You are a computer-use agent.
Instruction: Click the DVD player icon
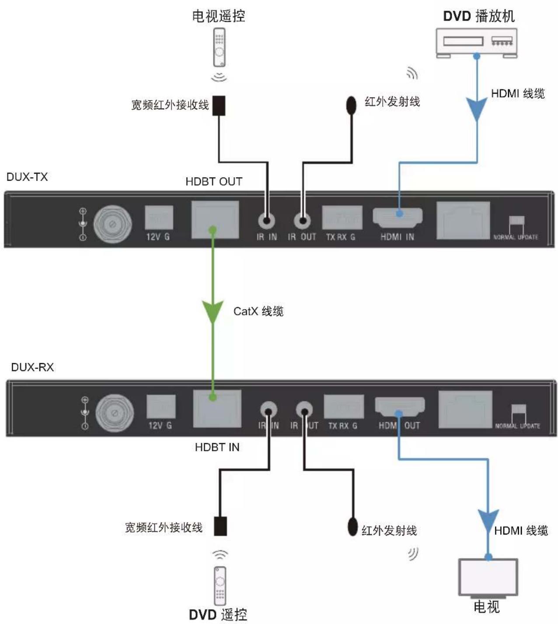[477, 42]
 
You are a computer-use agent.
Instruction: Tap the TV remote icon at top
[219, 47]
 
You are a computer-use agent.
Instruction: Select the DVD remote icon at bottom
[220, 585]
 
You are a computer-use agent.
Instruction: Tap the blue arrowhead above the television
[488, 521]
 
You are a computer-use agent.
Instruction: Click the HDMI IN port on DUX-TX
[398, 217]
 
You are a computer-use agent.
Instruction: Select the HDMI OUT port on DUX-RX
[399, 407]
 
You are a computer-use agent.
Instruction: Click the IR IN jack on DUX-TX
[267, 221]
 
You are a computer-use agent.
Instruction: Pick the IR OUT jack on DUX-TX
[302, 221]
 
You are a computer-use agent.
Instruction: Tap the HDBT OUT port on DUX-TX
[215, 220]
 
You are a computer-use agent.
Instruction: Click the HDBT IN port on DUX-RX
[217, 408]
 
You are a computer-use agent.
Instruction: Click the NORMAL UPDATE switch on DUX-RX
[518, 410]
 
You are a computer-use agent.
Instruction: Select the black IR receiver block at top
[219, 105]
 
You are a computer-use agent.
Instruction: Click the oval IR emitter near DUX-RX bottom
[352, 526]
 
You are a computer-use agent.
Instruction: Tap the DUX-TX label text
[27, 177]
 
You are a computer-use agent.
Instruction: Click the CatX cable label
[258, 311]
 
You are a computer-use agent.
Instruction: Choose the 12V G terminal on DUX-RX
[161, 407]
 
